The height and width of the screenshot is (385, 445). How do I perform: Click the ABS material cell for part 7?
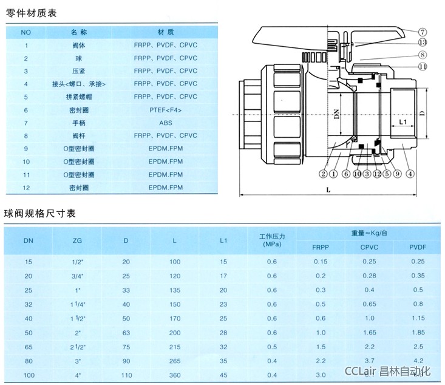[166, 123]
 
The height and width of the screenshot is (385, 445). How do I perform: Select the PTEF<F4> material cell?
[166, 110]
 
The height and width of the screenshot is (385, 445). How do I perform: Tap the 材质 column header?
[166, 32]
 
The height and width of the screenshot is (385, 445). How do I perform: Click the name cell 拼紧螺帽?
[79, 97]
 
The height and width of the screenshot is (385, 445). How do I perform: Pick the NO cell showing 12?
[26, 188]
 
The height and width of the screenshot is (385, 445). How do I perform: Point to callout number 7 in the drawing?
[423, 32]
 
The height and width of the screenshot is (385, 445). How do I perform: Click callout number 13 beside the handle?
[423, 43]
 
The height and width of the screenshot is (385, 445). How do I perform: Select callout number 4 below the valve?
[410, 174]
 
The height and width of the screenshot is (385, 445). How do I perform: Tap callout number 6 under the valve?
[346, 174]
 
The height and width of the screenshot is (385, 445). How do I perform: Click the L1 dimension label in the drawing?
[403, 122]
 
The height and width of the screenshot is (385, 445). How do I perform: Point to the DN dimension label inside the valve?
[336, 114]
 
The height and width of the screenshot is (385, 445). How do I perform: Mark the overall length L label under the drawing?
[328, 189]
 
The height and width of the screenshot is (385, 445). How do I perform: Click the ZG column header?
[77, 240]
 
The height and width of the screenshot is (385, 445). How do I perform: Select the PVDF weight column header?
[418, 247]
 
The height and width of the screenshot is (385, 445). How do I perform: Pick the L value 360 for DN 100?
[175, 375]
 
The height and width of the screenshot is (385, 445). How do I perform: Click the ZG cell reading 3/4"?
[78, 276]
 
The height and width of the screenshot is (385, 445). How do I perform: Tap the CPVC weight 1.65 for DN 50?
[370, 333]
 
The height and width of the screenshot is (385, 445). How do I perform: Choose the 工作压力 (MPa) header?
[272, 240]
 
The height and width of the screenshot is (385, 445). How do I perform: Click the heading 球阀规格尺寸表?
[39, 214]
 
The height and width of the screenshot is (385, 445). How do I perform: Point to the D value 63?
[126, 333]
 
